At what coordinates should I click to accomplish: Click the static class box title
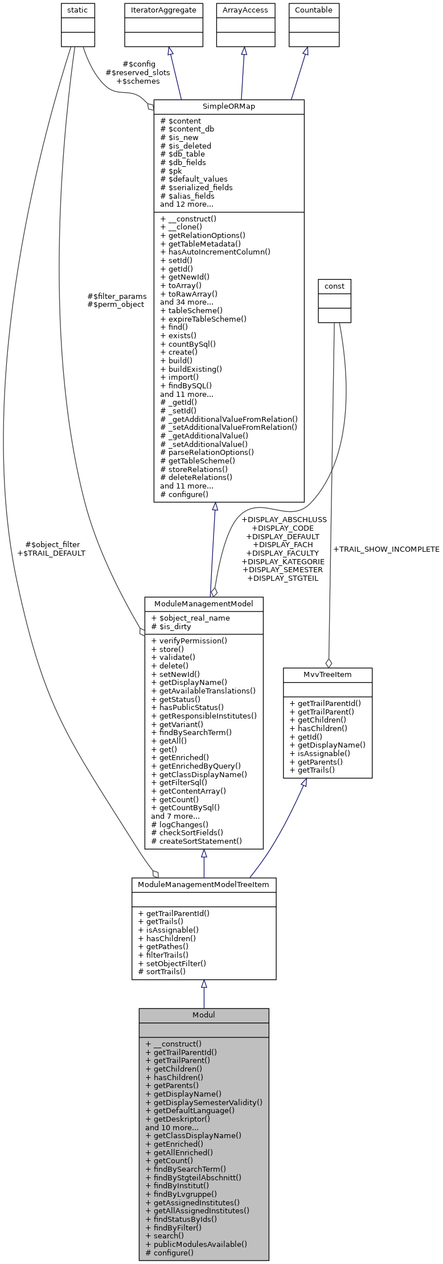78,10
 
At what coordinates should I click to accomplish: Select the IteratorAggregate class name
164,10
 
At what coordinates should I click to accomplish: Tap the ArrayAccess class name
245,10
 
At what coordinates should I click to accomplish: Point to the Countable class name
313,10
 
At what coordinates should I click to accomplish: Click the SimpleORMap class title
229,106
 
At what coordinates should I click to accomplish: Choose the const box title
334,286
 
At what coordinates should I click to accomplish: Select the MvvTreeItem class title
327,674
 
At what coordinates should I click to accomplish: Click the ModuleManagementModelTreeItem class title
204,884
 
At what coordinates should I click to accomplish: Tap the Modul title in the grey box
204,1015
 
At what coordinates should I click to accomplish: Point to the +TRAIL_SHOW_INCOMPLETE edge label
386,549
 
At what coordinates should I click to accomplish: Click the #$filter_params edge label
117,296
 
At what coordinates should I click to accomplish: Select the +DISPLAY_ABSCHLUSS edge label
284,519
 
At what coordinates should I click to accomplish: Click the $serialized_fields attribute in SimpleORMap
196,187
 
